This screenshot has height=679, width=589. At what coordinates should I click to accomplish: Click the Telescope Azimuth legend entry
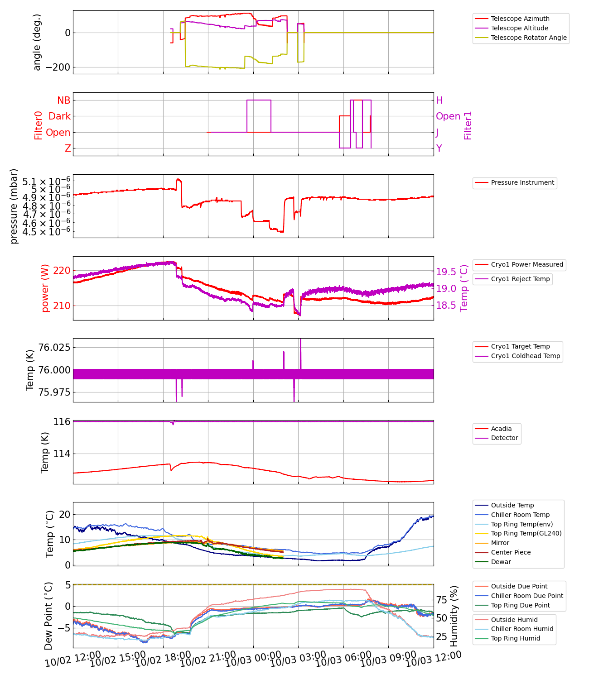[x=520, y=19]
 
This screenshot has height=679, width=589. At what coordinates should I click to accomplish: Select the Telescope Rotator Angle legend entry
[x=529, y=38]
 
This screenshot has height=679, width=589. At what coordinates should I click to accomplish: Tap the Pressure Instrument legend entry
[x=522, y=182]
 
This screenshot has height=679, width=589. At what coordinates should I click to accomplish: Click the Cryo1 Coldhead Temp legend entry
[x=526, y=356]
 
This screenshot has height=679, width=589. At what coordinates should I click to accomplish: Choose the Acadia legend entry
[x=501, y=429]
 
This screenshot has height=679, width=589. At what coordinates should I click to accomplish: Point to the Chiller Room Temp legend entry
[x=520, y=515]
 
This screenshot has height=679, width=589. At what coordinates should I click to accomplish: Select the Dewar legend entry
[x=501, y=562]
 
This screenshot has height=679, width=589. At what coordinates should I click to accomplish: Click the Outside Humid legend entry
[x=514, y=620]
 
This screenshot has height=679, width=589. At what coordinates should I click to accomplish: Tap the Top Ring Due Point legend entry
[x=520, y=605]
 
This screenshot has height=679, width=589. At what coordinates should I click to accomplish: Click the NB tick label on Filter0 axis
[x=63, y=100]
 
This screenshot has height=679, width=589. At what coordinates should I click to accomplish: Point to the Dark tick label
[x=60, y=116]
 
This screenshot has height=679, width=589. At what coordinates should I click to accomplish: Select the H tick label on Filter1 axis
[x=439, y=100]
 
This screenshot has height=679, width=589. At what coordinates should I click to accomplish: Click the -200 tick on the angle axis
[x=58, y=67]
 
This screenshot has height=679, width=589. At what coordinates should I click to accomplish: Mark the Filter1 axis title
[x=468, y=125]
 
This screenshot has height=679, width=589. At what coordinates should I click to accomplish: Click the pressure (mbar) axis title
[x=14, y=206]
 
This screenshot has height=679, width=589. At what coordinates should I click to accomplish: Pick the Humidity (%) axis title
[x=454, y=616]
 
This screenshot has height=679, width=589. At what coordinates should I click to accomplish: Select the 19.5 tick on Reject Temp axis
[x=446, y=272]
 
